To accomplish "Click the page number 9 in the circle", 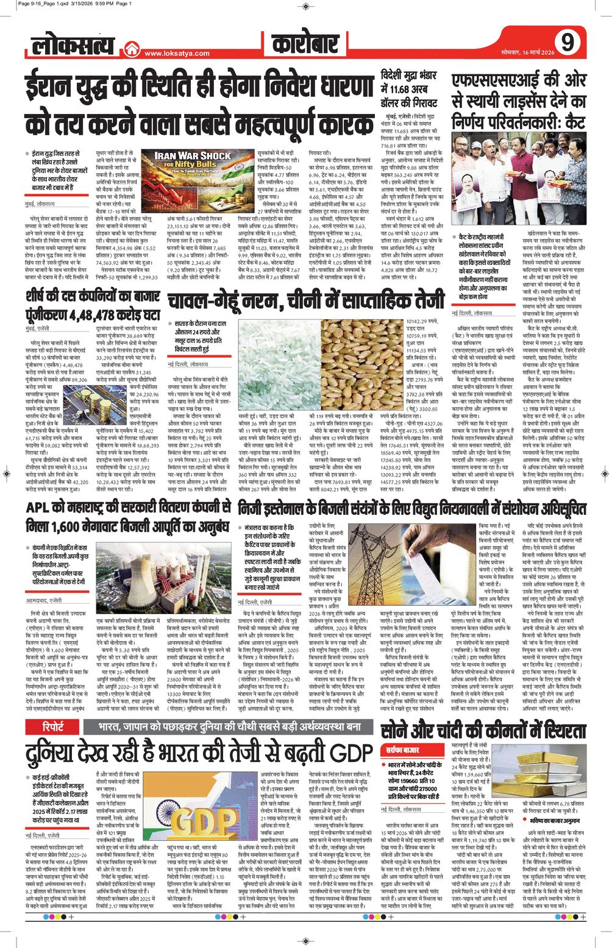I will pos(568,43).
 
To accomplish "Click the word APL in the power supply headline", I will pos(41,508).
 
